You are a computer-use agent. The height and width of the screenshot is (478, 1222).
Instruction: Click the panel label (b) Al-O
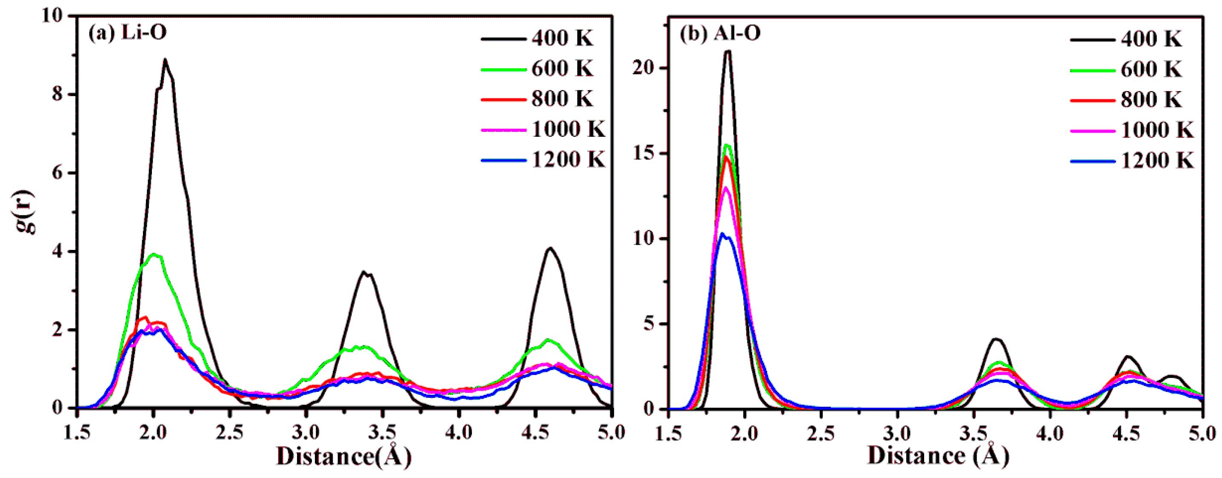point(720,33)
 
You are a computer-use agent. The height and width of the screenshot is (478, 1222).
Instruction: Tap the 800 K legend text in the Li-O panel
point(562,99)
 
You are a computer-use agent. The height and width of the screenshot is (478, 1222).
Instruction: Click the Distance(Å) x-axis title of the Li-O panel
point(343,457)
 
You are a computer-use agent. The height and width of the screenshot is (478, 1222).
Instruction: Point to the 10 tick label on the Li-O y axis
point(51,16)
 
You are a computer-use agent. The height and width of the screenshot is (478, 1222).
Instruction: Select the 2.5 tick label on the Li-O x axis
point(230,432)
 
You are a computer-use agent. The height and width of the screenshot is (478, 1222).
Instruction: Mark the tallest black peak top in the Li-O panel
point(165,60)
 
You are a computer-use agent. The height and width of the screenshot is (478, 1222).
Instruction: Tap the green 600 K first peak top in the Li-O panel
point(153,254)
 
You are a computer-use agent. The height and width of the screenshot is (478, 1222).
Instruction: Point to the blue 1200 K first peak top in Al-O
point(722,233)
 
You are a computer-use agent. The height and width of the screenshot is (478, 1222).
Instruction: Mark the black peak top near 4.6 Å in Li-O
point(550,248)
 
